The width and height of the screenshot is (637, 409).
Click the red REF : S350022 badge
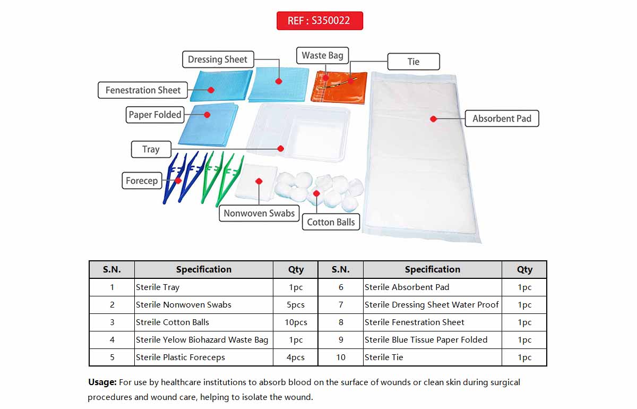pos(320,21)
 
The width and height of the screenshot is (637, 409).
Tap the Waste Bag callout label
pos(322,55)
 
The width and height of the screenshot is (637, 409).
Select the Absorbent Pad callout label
pos(502,118)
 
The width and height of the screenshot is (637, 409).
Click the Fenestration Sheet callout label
pos(143,90)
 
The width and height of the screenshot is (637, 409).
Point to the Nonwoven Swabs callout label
pos(259,213)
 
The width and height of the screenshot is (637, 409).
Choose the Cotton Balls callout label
pos(331,222)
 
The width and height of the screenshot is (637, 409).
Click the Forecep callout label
pos(142,181)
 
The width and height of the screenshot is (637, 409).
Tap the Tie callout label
pos(414,62)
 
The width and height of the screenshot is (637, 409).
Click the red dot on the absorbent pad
pos(433,119)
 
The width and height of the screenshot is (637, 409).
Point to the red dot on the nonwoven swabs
pos(259,181)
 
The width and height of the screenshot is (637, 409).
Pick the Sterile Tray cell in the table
pos(204,287)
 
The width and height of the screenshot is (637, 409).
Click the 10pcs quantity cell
pos(296,322)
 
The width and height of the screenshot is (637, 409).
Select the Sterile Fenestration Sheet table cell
pos(432,322)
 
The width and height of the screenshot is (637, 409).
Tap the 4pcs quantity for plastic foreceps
pos(296,357)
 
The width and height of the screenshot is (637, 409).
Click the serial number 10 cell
pos(340,357)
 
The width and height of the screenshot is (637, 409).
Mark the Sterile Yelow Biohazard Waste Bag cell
pos(204,340)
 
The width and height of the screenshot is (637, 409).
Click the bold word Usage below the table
pos(102,382)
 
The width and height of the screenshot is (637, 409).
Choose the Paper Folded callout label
pos(154,115)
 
